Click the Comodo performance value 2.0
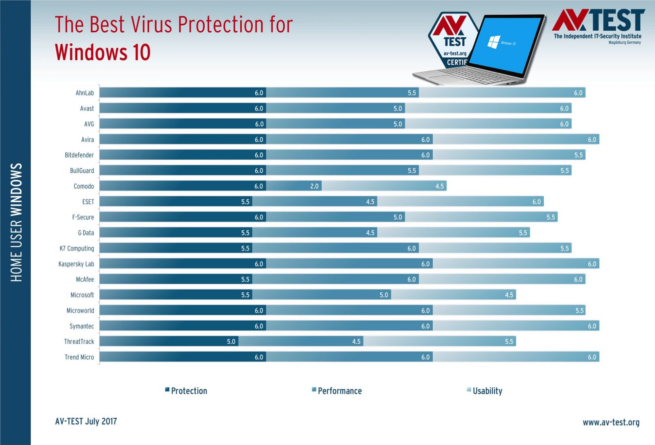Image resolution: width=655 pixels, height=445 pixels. (314, 186)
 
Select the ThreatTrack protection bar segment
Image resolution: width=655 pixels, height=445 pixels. (169, 341)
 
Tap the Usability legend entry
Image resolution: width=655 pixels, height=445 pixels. (487, 391)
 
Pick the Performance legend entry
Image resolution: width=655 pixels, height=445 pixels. (339, 391)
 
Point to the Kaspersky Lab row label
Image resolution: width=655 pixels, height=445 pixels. (76, 264)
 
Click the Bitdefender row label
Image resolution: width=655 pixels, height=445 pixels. (79, 155)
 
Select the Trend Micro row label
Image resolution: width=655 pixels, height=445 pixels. (79, 357)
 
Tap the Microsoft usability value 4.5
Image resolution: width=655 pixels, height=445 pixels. (509, 295)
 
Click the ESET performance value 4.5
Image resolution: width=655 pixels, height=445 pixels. (370, 202)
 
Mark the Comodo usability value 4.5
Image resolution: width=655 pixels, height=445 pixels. (439, 186)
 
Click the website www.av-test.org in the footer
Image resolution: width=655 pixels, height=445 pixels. (611, 422)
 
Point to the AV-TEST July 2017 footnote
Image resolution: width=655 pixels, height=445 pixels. (86, 421)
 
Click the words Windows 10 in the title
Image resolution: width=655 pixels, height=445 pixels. (103, 52)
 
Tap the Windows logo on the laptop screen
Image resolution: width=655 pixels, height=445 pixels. (494, 41)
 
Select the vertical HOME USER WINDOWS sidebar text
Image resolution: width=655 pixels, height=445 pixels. (16, 222)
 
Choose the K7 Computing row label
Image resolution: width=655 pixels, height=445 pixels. (77, 248)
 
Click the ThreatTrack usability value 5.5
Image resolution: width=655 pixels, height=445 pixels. (509, 341)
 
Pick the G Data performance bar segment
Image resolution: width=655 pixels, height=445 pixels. (314, 233)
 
